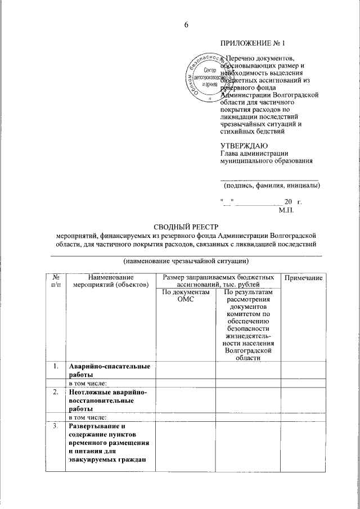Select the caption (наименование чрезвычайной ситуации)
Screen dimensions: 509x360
(186, 261)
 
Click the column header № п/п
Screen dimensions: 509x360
(56, 282)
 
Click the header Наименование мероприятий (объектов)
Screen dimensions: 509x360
(110, 282)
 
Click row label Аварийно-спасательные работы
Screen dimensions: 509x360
(109, 371)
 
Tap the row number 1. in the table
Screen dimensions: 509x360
(56, 367)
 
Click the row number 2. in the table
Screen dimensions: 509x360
(56, 392)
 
